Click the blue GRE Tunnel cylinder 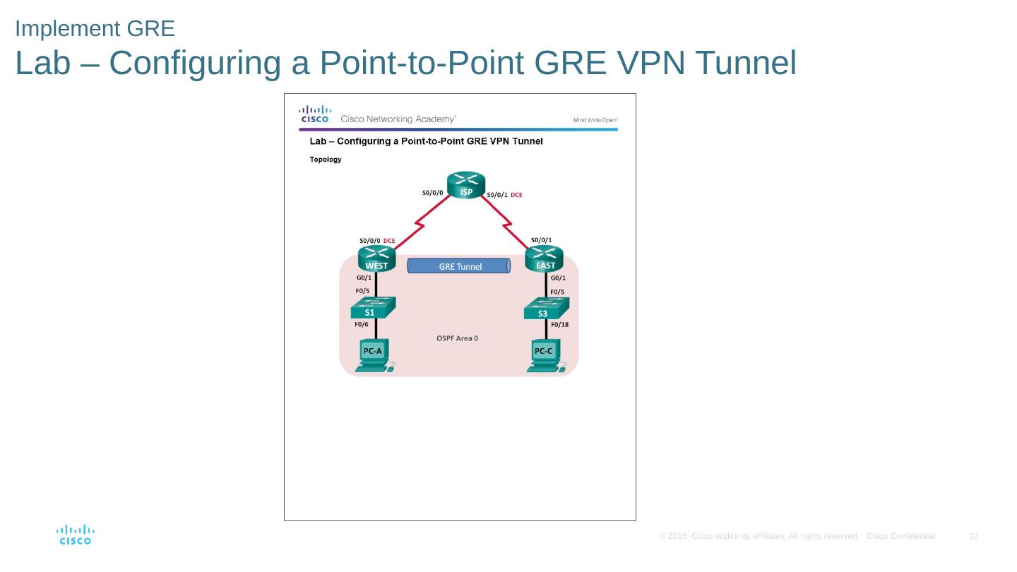tap(459, 266)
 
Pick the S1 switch tap(373, 309)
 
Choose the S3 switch tap(545, 309)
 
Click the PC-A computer tap(373, 355)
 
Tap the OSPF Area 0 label tap(458, 338)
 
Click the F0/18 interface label tap(559, 325)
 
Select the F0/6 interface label tap(361, 325)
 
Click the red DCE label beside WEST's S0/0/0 tap(389, 241)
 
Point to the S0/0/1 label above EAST tap(542, 239)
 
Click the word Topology tap(326, 160)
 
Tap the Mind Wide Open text tap(595, 120)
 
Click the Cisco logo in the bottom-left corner tap(75, 535)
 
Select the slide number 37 tap(973, 537)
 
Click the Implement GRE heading tap(95, 29)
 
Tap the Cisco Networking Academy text tap(398, 119)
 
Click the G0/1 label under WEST tap(364, 278)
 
